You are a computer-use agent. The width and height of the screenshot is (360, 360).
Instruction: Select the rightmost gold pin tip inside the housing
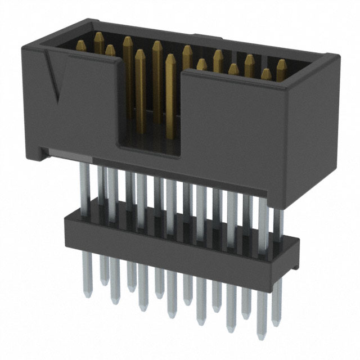tap(281, 65)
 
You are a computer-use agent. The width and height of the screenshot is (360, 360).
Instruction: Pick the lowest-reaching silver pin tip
tap(261, 336)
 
